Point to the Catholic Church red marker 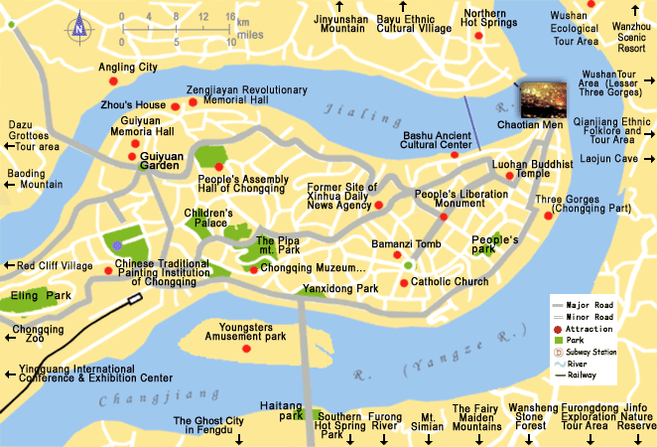coord(403,282)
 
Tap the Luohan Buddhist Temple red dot coord(510,176)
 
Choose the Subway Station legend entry coord(591,352)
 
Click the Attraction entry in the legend coord(591,328)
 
